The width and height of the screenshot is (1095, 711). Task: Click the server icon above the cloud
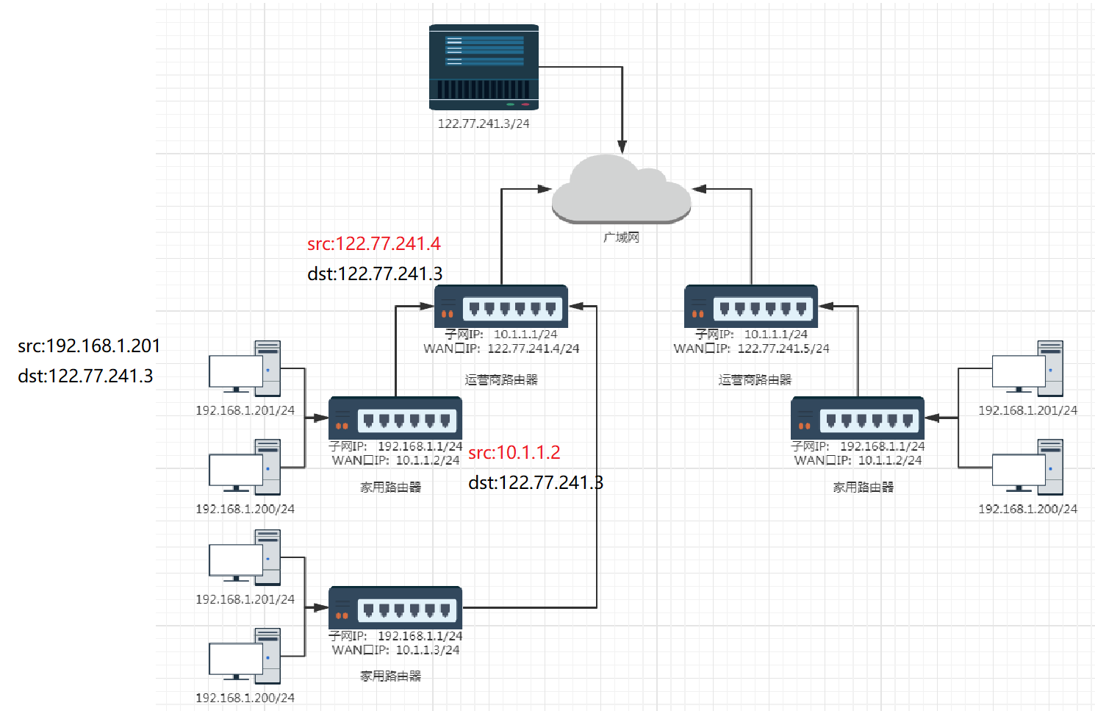coord(484,67)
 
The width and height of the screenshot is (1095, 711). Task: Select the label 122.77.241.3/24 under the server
coord(484,124)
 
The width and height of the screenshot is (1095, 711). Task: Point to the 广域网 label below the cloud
coord(621,237)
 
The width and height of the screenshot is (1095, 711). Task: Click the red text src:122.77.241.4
coord(374,243)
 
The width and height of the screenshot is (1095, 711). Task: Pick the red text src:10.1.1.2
coord(514,452)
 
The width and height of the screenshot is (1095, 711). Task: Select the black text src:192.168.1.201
coord(89,346)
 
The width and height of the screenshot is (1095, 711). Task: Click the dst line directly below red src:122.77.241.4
coord(375,274)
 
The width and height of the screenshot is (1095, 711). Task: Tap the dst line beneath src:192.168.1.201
coord(85,376)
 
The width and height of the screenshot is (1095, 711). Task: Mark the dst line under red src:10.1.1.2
coord(536,482)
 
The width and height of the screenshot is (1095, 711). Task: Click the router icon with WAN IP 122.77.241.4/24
coord(501,306)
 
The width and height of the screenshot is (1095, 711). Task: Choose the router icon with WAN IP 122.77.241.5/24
coord(751,306)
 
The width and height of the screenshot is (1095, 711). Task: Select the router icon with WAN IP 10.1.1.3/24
coord(395,607)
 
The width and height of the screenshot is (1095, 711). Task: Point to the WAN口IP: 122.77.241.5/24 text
coord(751,349)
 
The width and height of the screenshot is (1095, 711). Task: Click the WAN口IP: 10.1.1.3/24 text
coord(395,650)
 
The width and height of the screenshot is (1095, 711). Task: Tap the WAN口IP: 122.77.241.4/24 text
coord(501,349)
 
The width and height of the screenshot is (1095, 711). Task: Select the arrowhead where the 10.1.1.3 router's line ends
coord(576,306)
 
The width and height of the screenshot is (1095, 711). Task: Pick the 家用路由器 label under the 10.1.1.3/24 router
coord(390,676)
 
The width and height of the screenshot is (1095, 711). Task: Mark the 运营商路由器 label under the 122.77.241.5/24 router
coord(755,379)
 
